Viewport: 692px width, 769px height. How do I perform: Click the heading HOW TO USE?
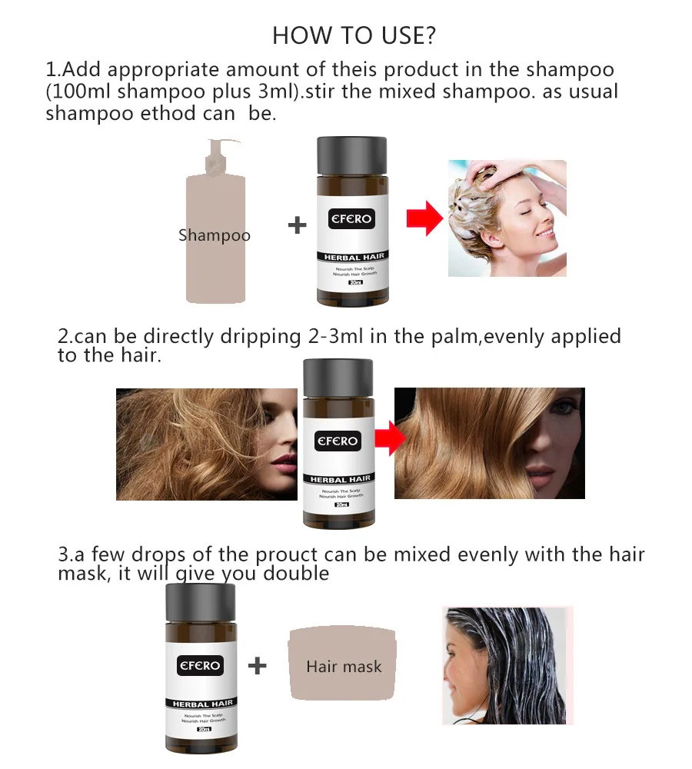pos(354,35)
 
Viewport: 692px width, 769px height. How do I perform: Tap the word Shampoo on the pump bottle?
pos(215,235)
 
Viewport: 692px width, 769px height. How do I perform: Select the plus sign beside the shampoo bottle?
pos(297,225)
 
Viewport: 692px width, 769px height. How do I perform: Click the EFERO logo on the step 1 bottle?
pos(351,219)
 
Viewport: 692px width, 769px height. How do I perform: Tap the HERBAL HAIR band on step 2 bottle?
pos(340,479)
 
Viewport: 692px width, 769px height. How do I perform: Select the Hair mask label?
pos(344,667)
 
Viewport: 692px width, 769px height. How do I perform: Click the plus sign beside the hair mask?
pos(258,665)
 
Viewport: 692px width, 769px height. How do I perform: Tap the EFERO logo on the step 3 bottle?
pos(200,664)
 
